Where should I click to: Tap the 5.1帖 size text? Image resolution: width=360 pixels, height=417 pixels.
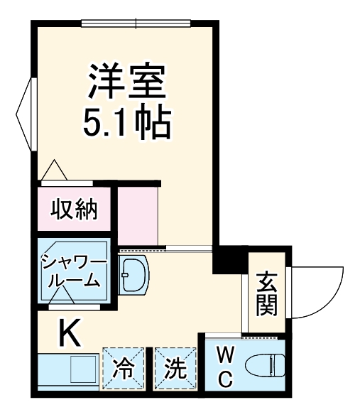coord(127,123)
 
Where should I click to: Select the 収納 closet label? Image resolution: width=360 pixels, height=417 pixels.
coord(73,210)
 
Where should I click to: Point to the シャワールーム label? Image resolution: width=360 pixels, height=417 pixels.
coord(73,271)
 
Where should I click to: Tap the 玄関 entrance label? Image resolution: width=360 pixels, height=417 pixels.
coord(267,293)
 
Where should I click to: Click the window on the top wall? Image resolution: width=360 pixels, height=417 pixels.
coord(136,23)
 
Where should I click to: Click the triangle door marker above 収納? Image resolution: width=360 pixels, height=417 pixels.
coord(54,171)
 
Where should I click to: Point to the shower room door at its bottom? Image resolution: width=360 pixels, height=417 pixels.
coord(74,309)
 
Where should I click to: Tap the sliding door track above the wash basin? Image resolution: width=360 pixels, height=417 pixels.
coord(164,249)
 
